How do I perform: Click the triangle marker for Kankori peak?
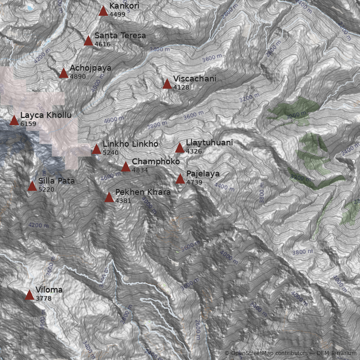[x=103, y=11]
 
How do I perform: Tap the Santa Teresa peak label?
[x=120, y=36]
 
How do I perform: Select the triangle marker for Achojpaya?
[x=63, y=73]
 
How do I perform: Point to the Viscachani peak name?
[x=194, y=79]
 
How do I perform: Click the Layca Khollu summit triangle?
[x=14, y=120]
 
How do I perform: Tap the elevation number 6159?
[x=28, y=124]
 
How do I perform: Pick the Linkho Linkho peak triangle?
[x=96, y=149]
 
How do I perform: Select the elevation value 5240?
[x=111, y=153]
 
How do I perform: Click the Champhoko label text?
[x=156, y=162]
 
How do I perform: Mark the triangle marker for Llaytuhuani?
[x=180, y=148]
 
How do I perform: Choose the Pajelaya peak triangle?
[x=180, y=179]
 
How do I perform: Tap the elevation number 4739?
[x=194, y=182]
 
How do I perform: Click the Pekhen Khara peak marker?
[x=109, y=197]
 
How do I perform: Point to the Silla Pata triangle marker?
[x=32, y=186]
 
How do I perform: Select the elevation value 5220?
[x=46, y=189]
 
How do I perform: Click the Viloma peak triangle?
[x=29, y=295]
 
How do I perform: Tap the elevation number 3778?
[x=43, y=298]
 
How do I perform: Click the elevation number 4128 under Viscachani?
[x=181, y=87]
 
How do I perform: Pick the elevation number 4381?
[x=123, y=201]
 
